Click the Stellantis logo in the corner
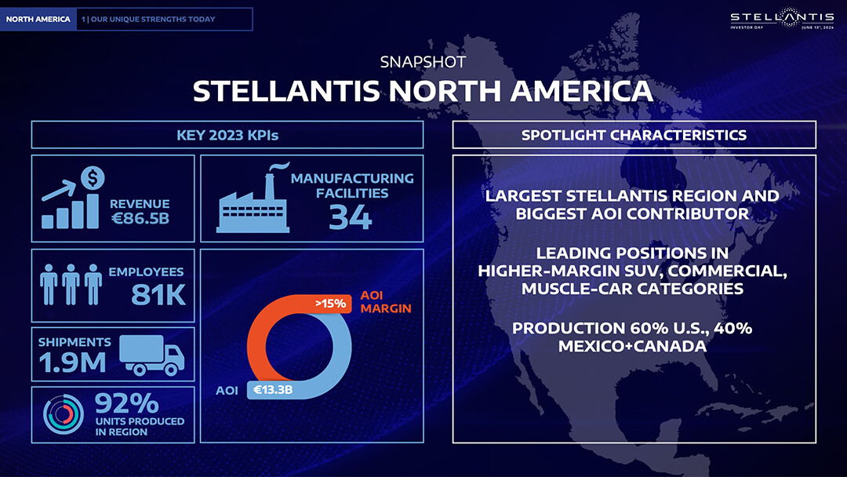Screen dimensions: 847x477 782,18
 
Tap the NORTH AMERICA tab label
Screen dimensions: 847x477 38,19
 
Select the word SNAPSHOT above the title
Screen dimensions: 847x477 423,62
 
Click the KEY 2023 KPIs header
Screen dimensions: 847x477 227,135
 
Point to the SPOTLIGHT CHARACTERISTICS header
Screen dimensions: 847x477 634,135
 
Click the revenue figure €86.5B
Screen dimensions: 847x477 140,218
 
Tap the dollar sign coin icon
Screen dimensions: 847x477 93,178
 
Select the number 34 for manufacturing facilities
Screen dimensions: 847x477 351,217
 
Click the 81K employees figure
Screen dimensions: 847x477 158,295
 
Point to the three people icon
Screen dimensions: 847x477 71,285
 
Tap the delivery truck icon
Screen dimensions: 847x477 152,355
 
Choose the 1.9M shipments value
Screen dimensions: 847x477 72,362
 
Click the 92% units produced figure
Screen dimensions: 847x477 127,403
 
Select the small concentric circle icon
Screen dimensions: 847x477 64,414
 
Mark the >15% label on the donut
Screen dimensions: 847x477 331,304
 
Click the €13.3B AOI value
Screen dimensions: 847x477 273,389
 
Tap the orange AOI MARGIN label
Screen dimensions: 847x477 386,302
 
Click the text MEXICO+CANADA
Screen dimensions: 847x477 632,346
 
